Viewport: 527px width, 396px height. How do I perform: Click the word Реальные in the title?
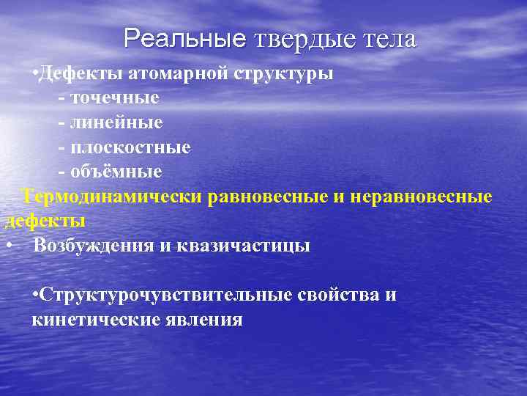click(185, 39)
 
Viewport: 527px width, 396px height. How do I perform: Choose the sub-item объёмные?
click(116, 172)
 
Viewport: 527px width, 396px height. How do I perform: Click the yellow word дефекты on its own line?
click(45, 221)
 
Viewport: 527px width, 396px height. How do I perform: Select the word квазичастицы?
click(244, 246)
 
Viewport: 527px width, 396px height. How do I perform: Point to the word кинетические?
click(94, 320)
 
